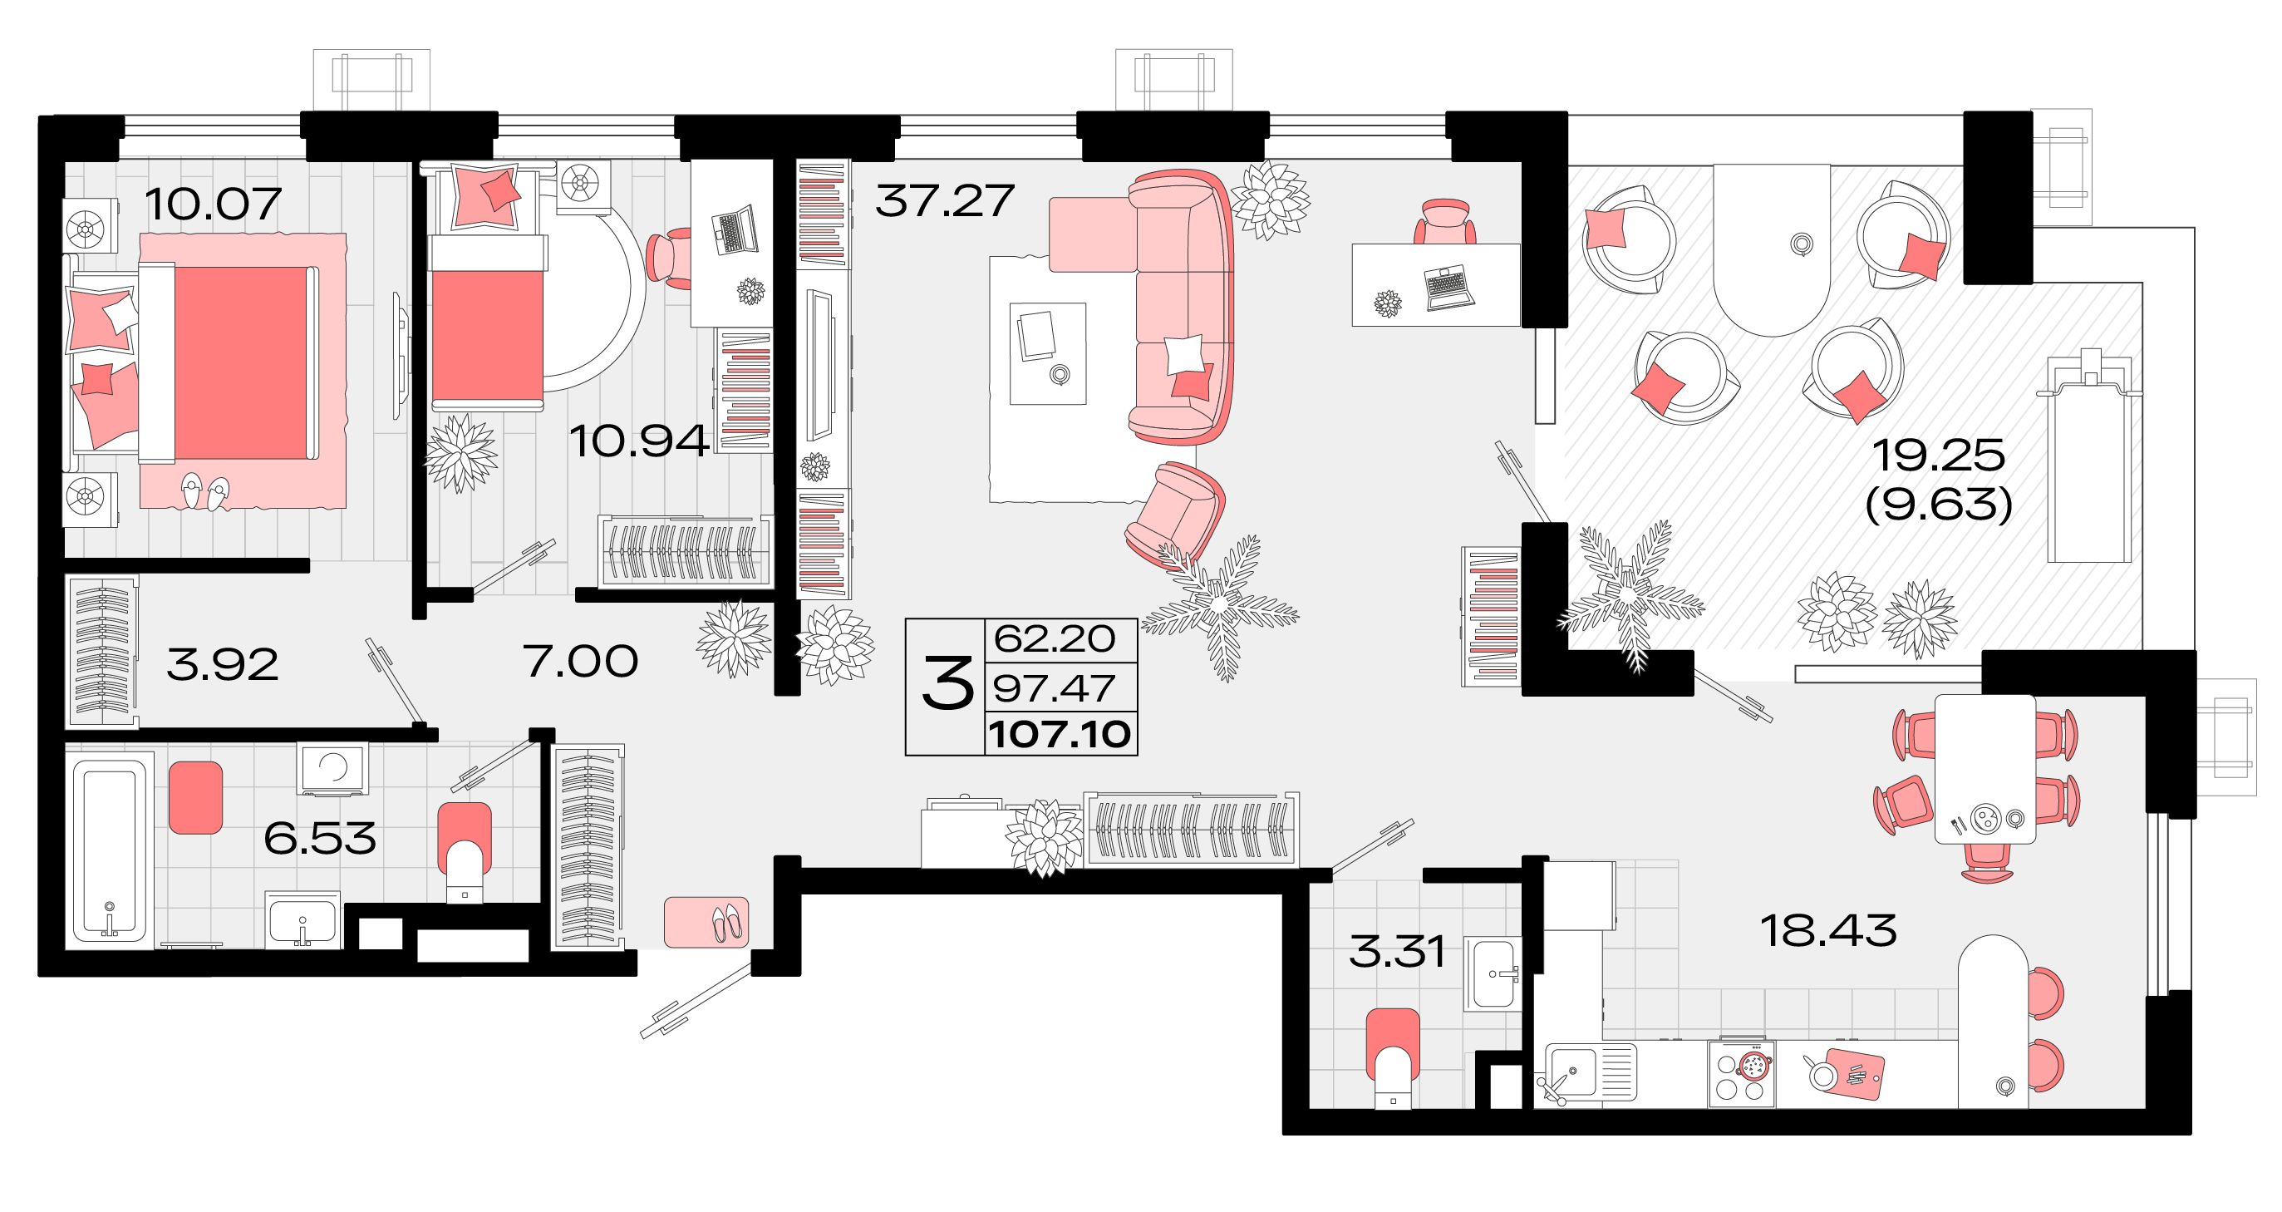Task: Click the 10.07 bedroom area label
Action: (213, 204)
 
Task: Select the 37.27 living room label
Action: (944, 201)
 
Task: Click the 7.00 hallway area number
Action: (579, 661)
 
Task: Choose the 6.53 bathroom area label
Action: (319, 838)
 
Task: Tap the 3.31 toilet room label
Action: (1397, 952)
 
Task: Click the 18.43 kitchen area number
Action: (1827, 931)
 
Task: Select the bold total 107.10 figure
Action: (1060, 735)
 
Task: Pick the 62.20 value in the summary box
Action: (1055, 638)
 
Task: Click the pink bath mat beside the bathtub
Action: (195, 797)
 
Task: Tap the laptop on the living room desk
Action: (1448, 287)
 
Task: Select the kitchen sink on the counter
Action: (1572, 1072)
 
